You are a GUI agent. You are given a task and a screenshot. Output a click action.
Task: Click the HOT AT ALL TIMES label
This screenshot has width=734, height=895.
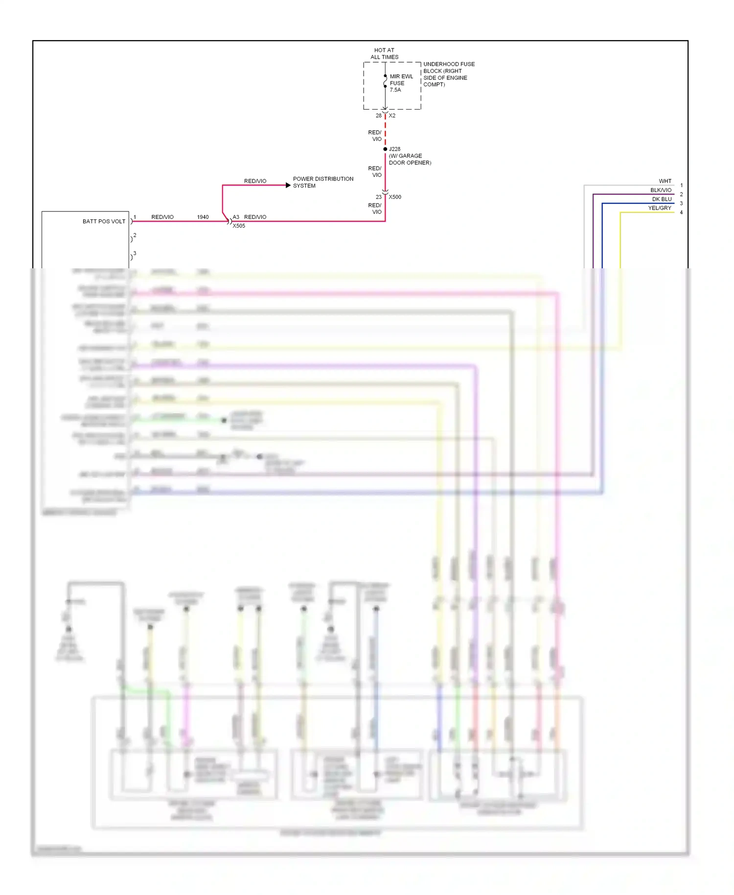(384, 53)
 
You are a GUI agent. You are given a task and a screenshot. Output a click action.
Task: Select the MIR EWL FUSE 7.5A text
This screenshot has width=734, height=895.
(401, 83)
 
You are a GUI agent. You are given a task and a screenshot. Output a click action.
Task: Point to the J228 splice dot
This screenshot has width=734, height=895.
(385, 149)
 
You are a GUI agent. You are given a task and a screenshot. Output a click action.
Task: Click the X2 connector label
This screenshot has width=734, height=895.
(392, 116)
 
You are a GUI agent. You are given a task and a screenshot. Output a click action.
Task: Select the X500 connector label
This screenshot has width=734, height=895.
(395, 197)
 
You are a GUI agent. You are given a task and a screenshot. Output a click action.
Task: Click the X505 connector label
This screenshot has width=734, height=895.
(239, 226)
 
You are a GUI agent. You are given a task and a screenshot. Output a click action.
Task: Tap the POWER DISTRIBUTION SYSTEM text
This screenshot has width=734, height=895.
(322, 182)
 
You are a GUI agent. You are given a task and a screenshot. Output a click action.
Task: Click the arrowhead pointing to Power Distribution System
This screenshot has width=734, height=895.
(288, 185)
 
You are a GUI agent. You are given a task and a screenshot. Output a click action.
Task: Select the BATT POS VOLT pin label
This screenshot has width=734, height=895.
(104, 221)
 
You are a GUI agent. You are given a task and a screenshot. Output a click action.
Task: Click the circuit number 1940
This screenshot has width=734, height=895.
(203, 217)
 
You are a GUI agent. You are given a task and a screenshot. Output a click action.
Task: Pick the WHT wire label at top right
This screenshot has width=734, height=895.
(665, 181)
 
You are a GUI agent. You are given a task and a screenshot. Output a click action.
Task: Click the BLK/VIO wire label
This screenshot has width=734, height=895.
(661, 190)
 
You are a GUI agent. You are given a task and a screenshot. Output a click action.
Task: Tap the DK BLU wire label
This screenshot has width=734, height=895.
(662, 199)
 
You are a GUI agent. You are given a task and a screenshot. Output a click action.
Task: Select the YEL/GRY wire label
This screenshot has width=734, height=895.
(660, 208)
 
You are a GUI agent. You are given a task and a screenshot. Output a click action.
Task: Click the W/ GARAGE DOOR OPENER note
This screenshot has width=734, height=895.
(410, 159)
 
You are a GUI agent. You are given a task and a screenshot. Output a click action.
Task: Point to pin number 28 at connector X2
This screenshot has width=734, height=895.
(378, 116)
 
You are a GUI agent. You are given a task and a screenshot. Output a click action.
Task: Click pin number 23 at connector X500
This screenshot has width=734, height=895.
(378, 197)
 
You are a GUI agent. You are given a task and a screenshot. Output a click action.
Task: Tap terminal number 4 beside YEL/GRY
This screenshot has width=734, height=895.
(681, 212)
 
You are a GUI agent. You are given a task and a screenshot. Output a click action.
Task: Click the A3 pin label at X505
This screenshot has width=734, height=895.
(236, 217)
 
